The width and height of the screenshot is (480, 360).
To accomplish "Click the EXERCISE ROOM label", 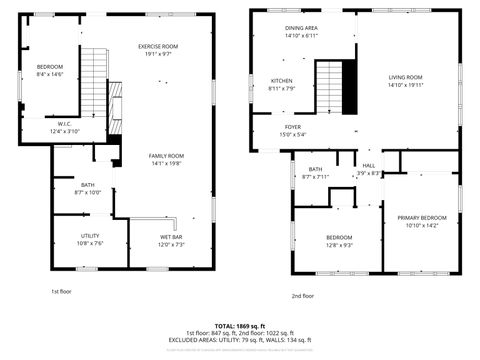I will coord(158,47).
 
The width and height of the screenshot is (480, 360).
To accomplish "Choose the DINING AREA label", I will coord(301,28).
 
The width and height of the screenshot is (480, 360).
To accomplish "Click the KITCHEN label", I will coord(282,80).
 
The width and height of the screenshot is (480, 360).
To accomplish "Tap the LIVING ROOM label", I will coord(406,77).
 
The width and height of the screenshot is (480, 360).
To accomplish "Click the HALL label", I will coord(369,165).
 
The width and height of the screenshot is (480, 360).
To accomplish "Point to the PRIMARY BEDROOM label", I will coord(421,218).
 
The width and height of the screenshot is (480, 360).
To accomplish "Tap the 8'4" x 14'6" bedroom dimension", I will coord(49,74).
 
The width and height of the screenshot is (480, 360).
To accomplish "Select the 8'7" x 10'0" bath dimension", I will coord(88,192).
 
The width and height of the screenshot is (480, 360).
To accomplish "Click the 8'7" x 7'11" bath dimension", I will coord(315,177).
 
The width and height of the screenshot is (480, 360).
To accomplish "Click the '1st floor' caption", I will coord(62,291).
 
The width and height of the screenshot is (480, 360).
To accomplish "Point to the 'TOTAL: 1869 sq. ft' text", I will coord(239,326).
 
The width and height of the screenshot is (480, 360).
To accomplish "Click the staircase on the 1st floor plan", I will coord(93,70).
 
